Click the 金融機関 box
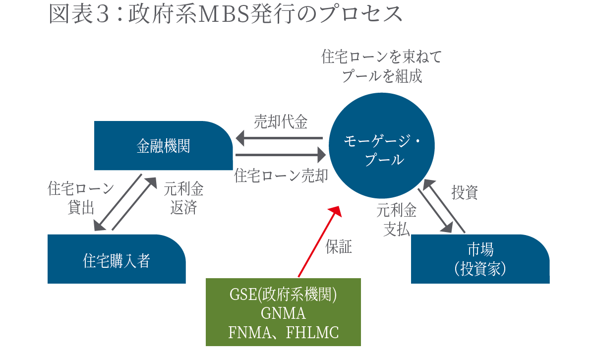coord(163,146)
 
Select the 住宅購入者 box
coord(117,259)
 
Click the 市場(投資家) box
coord(480,259)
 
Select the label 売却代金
coord(281,122)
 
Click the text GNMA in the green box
coord(283,313)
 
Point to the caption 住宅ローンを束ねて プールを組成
coord(381,66)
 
